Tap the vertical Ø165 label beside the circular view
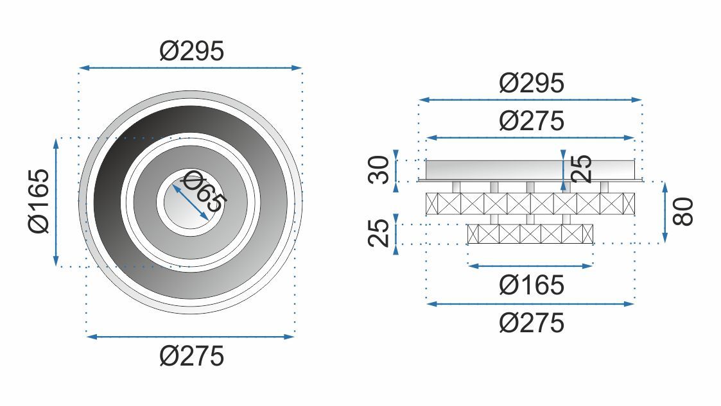click(39, 201)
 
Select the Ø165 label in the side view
click(531, 285)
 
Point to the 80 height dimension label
click(684, 212)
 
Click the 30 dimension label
click(381, 170)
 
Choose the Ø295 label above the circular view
click(191, 51)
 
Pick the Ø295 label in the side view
click(531, 83)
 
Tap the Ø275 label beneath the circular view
click(191, 355)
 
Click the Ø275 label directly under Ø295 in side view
click(531, 120)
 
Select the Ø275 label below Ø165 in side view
click(531, 322)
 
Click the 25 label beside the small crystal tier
click(381, 232)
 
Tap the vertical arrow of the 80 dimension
click(665, 212)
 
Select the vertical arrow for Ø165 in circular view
click(56, 201)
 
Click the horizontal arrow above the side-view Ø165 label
click(530, 266)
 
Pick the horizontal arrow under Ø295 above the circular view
click(189, 67)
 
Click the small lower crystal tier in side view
click(530, 233)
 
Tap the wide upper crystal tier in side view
click(530, 203)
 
